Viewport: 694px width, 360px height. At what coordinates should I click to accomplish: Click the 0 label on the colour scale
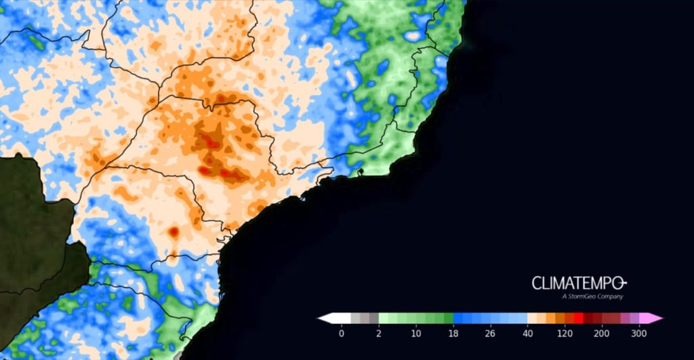[341, 333]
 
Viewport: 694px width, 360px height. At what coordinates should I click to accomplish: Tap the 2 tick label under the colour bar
[379, 333]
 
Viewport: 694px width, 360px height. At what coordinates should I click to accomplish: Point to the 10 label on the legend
[415, 333]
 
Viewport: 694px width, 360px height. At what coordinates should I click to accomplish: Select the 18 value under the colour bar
[453, 333]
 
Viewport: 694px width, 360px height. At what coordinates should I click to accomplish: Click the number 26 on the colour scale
[490, 333]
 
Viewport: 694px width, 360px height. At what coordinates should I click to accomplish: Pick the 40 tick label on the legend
[527, 333]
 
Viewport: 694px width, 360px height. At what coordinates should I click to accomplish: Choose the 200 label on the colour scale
[601, 333]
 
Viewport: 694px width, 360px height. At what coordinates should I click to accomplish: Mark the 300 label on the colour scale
[638, 333]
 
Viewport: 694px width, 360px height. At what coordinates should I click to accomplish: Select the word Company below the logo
[610, 296]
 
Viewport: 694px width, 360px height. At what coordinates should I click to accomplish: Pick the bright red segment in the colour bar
[578, 317]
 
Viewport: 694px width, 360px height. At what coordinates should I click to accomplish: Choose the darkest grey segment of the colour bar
[373, 317]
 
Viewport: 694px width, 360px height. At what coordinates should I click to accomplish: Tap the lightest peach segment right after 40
[531, 317]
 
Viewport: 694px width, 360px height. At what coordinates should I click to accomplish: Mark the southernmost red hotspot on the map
[173, 232]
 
